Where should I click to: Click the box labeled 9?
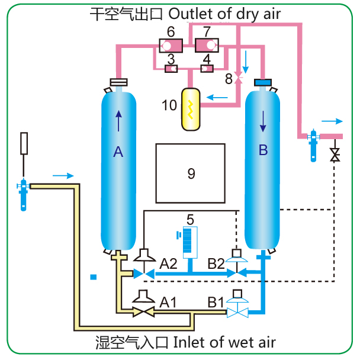191,173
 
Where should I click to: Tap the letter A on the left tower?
118,152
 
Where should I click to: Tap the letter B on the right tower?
263,150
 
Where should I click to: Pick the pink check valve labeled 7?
207,44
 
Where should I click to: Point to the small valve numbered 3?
171,69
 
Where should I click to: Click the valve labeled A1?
143,310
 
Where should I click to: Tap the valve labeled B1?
237,311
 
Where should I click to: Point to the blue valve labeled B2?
237,274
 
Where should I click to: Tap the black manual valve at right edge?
335,156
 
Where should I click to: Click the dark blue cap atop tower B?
262,82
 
